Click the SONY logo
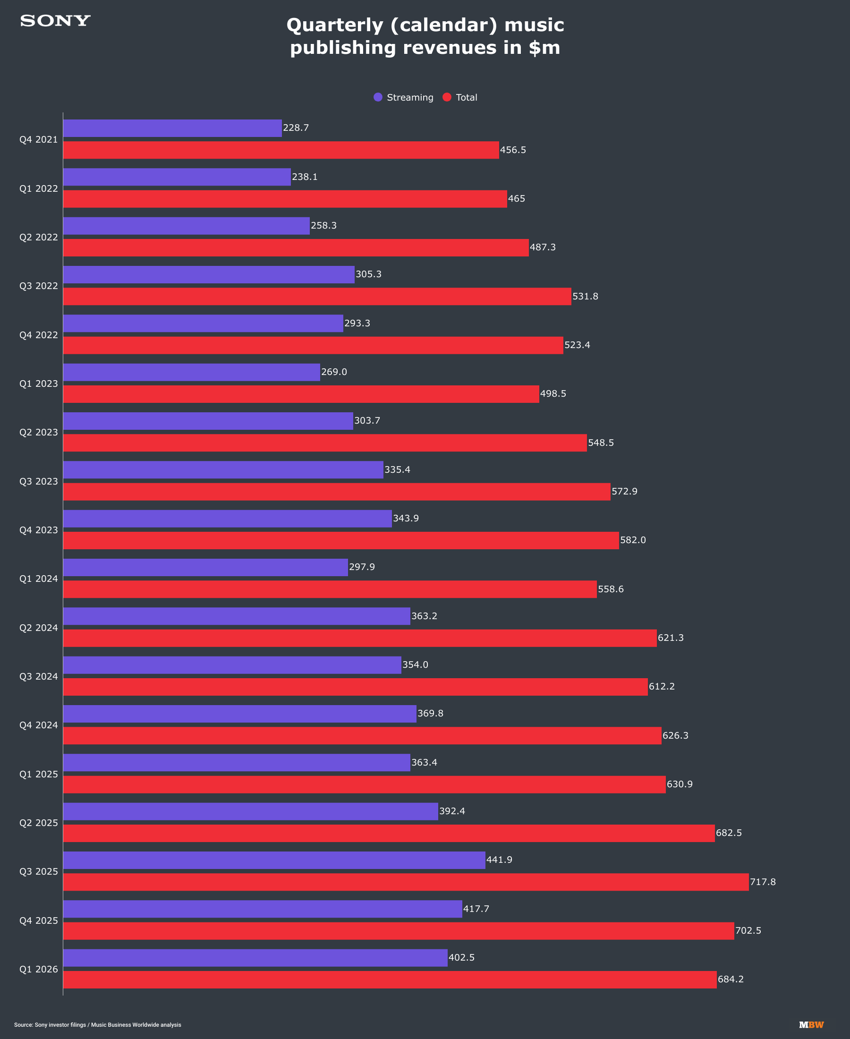(x=55, y=21)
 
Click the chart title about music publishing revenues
(x=425, y=36)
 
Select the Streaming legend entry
(x=403, y=97)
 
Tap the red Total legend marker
(x=447, y=97)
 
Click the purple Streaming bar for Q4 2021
(x=172, y=128)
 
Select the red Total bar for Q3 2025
(x=406, y=882)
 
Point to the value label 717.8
(x=763, y=882)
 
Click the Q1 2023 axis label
(x=39, y=383)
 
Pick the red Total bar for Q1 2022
(x=285, y=199)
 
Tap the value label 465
(x=517, y=199)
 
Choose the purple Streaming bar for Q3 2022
(x=209, y=275)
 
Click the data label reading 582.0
(x=633, y=540)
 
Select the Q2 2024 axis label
(x=39, y=628)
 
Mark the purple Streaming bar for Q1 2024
(x=205, y=568)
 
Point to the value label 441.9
(x=500, y=860)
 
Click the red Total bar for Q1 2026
(x=390, y=979)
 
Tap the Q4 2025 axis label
(x=39, y=920)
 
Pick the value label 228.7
(x=296, y=128)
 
